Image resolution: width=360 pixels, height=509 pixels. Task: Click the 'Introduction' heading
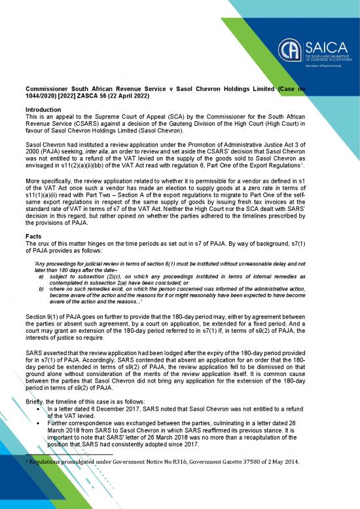pos(44,109)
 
